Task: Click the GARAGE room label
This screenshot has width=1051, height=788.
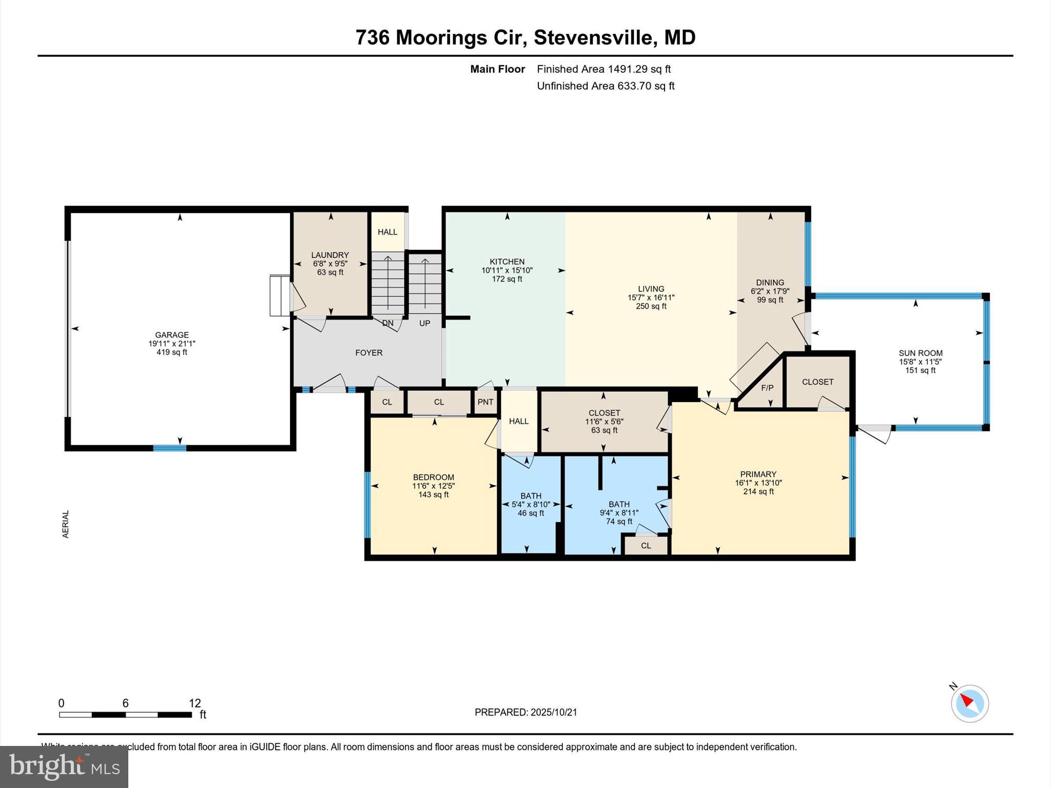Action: tap(172, 335)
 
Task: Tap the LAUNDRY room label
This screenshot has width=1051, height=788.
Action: tap(330, 255)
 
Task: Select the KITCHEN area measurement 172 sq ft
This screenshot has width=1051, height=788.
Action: tap(507, 279)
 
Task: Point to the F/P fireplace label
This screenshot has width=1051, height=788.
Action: tap(767, 388)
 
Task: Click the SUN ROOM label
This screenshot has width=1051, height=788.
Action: tap(920, 353)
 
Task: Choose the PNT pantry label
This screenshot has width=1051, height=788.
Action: tap(485, 402)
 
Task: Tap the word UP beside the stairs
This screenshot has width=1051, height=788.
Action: tap(424, 323)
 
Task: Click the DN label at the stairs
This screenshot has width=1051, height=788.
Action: tap(387, 323)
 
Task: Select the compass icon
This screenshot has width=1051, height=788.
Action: tap(969, 703)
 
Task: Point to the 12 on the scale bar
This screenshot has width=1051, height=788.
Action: tap(194, 703)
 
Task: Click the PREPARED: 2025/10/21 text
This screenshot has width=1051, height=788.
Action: tap(525, 712)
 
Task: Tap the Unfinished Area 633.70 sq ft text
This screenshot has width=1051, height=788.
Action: tap(605, 86)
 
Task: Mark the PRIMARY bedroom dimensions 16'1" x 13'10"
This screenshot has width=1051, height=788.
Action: tap(758, 483)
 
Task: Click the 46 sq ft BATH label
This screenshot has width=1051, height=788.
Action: tap(531, 513)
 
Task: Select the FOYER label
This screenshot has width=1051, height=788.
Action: tap(368, 353)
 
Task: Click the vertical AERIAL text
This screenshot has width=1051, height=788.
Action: tap(66, 524)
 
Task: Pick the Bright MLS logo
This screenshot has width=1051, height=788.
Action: tap(64, 767)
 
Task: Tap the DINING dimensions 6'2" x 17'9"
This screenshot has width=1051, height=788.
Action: tap(770, 291)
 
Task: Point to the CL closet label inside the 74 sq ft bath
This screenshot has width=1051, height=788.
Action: tap(646, 545)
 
